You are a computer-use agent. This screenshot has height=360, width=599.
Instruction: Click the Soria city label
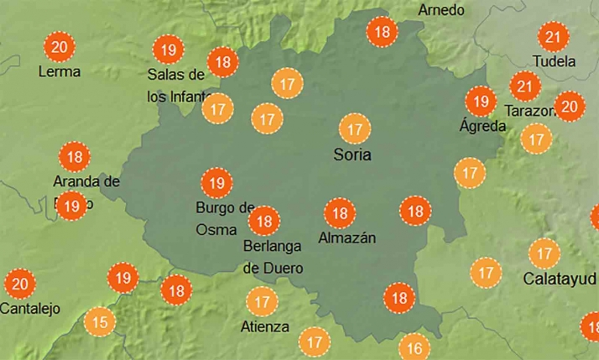[x=352, y=154]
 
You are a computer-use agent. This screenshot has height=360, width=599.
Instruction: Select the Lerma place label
[x=60, y=71]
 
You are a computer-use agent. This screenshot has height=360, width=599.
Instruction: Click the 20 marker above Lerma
[x=59, y=46]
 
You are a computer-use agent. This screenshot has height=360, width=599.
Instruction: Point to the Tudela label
[x=555, y=61]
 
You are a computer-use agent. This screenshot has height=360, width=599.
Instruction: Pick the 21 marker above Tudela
[x=553, y=37]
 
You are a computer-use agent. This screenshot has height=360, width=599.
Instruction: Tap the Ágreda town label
[x=482, y=126]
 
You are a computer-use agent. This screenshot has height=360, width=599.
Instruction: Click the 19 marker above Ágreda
[x=481, y=102]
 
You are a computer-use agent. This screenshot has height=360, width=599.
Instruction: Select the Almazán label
[x=347, y=237]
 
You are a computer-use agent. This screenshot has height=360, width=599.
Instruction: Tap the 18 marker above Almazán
[x=340, y=213]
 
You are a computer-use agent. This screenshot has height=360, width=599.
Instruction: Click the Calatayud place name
[x=559, y=278]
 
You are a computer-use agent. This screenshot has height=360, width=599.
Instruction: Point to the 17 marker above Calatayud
[x=544, y=253]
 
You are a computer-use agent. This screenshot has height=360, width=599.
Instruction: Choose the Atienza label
[x=265, y=326]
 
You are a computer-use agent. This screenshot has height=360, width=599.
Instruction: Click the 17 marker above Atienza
[x=263, y=301]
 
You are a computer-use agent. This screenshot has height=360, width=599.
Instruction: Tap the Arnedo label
[x=440, y=10]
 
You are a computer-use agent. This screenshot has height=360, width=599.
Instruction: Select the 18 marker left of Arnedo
[x=383, y=33]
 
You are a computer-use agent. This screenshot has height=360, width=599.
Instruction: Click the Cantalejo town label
[x=30, y=308]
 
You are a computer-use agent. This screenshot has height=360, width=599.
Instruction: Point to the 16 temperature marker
[x=414, y=347]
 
